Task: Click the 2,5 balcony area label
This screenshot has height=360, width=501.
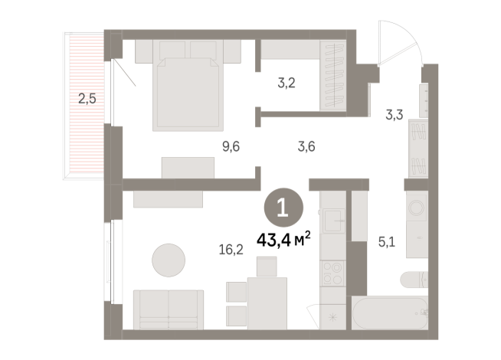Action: pos(87,98)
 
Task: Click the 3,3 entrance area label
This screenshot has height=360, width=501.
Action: pos(394,116)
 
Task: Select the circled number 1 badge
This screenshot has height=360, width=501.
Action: pos(281,207)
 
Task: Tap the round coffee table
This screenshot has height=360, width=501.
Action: pos(169,260)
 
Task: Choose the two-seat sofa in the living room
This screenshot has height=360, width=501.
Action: pos(169,309)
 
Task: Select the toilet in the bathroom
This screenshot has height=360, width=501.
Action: pos(420,282)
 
